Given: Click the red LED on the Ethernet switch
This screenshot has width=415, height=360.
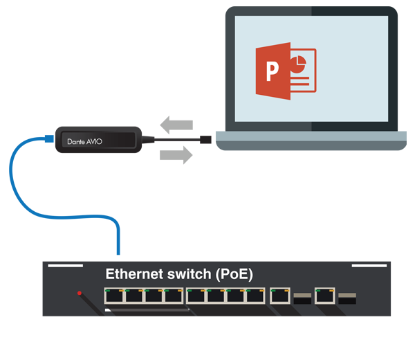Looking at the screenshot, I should [80, 293].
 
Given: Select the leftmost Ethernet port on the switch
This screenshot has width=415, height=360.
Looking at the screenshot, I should [114, 296].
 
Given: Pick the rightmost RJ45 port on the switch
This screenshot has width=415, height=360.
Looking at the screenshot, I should [324, 296].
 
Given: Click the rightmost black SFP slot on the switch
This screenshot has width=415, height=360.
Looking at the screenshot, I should [347, 298].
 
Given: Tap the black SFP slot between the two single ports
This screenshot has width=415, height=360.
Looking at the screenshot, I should [302, 298].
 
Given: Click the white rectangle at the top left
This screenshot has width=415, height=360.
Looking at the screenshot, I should [131, 33].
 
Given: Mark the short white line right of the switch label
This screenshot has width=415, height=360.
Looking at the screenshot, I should [369, 265].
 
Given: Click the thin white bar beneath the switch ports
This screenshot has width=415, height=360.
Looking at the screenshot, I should [147, 310].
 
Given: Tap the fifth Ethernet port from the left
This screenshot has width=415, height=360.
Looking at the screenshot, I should [196, 296].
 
